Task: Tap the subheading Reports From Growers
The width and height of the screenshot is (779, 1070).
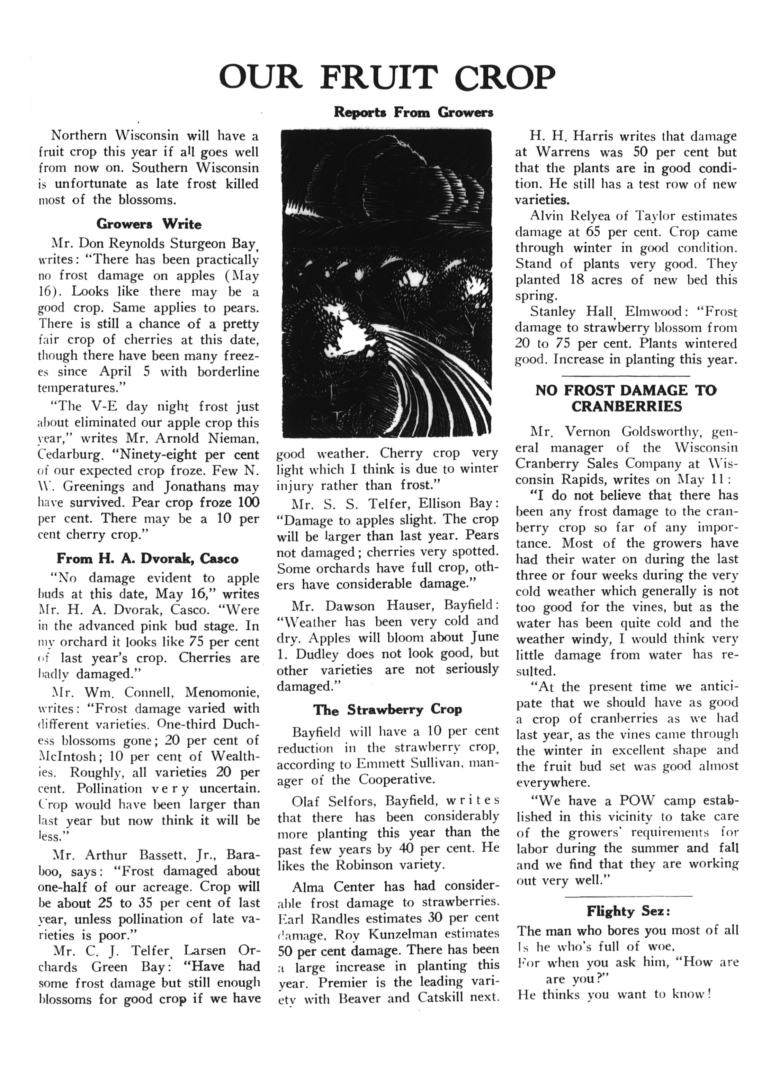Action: pos(413,112)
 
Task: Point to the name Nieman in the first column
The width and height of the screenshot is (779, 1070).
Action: pos(237,439)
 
